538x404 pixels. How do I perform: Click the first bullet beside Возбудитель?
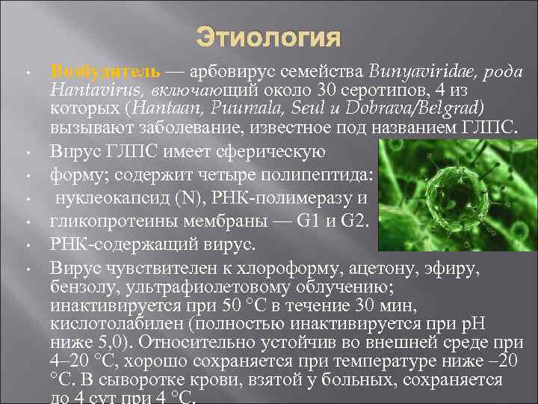tap(26, 73)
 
